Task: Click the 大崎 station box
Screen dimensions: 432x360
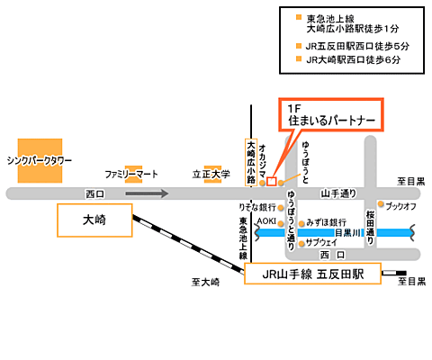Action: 94,220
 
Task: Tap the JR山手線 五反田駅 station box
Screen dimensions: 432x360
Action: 312,274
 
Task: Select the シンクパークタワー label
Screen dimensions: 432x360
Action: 40,161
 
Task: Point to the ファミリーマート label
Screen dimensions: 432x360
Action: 131,174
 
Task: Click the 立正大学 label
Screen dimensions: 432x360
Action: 211,174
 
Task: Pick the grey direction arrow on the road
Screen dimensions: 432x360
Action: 147,193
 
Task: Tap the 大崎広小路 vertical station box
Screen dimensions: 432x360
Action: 251,162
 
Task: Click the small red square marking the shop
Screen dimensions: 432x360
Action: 271,182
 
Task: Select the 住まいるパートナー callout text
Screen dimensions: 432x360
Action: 332,121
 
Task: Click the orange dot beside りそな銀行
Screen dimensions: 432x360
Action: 281,208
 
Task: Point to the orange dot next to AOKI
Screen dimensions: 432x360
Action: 281,223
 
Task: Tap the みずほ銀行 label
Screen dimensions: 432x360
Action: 327,222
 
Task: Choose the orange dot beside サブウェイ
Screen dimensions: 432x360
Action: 301,243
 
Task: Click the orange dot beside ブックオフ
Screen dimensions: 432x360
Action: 381,204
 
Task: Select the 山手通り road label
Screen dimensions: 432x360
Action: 338,193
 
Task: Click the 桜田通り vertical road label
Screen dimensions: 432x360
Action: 371,227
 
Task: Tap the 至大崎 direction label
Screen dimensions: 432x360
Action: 205,282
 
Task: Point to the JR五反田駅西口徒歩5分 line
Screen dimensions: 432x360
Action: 357,46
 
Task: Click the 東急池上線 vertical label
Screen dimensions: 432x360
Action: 243,238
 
